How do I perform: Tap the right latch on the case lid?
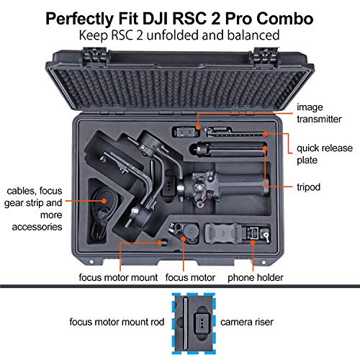coord(260,52)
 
